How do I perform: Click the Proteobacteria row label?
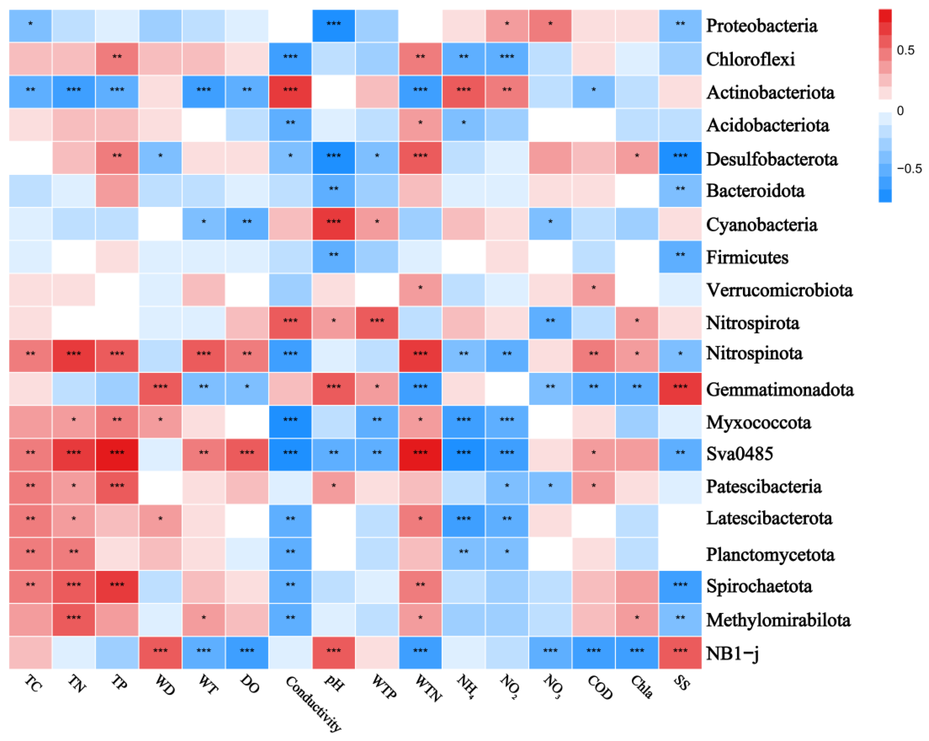(x=761, y=26)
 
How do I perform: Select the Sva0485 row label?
(x=739, y=454)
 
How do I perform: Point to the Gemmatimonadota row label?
(x=779, y=389)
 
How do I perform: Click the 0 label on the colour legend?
(x=900, y=111)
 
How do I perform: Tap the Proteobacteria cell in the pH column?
(x=334, y=26)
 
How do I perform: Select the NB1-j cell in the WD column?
(x=160, y=653)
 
